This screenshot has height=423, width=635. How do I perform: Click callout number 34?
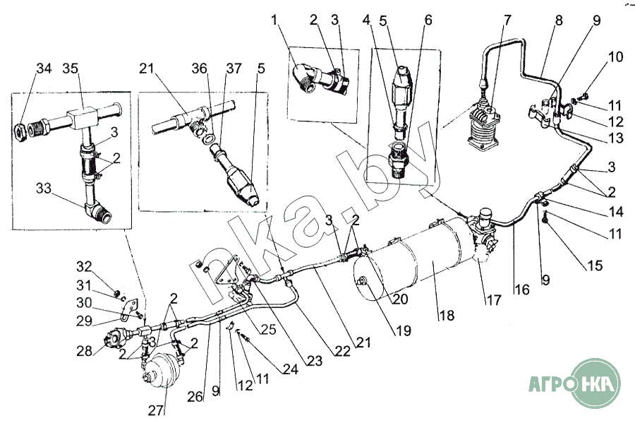(44, 68)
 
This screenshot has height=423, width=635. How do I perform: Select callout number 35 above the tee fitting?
(70, 68)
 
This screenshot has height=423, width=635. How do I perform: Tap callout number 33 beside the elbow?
(43, 188)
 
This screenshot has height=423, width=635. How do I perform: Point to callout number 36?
(199, 68)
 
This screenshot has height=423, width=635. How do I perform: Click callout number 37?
(234, 68)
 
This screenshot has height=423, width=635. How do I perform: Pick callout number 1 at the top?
(275, 20)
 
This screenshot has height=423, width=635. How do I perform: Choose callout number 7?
(507, 20)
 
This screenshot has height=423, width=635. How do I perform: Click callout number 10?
(615, 56)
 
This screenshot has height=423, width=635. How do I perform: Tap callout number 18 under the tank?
(447, 315)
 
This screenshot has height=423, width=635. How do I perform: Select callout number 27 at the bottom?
(155, 410)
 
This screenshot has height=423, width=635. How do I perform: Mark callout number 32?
(84, 267)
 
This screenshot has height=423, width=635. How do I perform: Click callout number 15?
(595, 266)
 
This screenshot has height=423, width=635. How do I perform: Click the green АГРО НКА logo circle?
(594, 383)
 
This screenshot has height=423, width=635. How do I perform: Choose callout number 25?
(267, 328)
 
